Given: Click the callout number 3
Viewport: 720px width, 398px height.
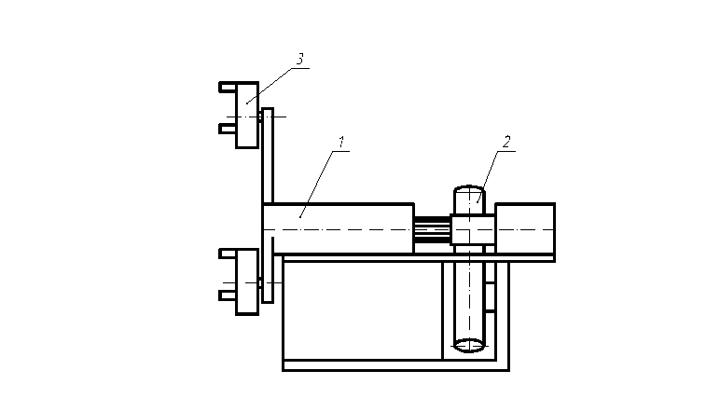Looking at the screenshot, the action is click(x=299, y=60).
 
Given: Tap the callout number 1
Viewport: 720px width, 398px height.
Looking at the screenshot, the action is click(x=340, y=142).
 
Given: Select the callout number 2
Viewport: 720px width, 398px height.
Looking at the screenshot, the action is click(x=506, y=142).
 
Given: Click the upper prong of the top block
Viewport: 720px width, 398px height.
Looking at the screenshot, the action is click(x=228, y=88).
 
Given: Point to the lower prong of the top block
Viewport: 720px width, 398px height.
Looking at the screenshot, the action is click(x=228, y=129).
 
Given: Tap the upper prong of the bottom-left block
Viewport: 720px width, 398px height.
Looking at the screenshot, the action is click(x=228, y=254).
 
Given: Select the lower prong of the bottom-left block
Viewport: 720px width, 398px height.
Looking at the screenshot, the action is click(x=228, y=295).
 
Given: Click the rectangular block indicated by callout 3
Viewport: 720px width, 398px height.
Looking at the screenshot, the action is click(x=247, y=116).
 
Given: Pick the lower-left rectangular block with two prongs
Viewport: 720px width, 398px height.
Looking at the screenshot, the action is click(x=247, y=281).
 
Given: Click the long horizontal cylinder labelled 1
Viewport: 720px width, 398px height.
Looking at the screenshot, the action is click(x=339, y=228).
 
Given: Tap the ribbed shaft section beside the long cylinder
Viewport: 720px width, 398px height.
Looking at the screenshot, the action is click(x=433, y=229).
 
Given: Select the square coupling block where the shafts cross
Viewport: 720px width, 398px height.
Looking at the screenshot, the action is click(x=473, y=229).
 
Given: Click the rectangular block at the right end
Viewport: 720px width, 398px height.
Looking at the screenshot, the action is click(x=525, y=228).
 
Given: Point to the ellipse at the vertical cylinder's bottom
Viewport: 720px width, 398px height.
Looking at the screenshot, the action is click(x=469, y=345).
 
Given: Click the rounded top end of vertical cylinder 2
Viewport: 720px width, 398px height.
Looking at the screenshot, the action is click(x=469, y=189).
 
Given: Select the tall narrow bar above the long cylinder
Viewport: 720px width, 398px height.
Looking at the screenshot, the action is click(x=268, y=156).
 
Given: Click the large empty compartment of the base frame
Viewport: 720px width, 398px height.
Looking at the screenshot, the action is click(x=363, y=310).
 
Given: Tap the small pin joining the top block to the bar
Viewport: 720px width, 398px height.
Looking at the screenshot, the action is click(x=260, y=117).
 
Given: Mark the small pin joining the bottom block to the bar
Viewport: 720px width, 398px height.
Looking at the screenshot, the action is click(x=260, y=283).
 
